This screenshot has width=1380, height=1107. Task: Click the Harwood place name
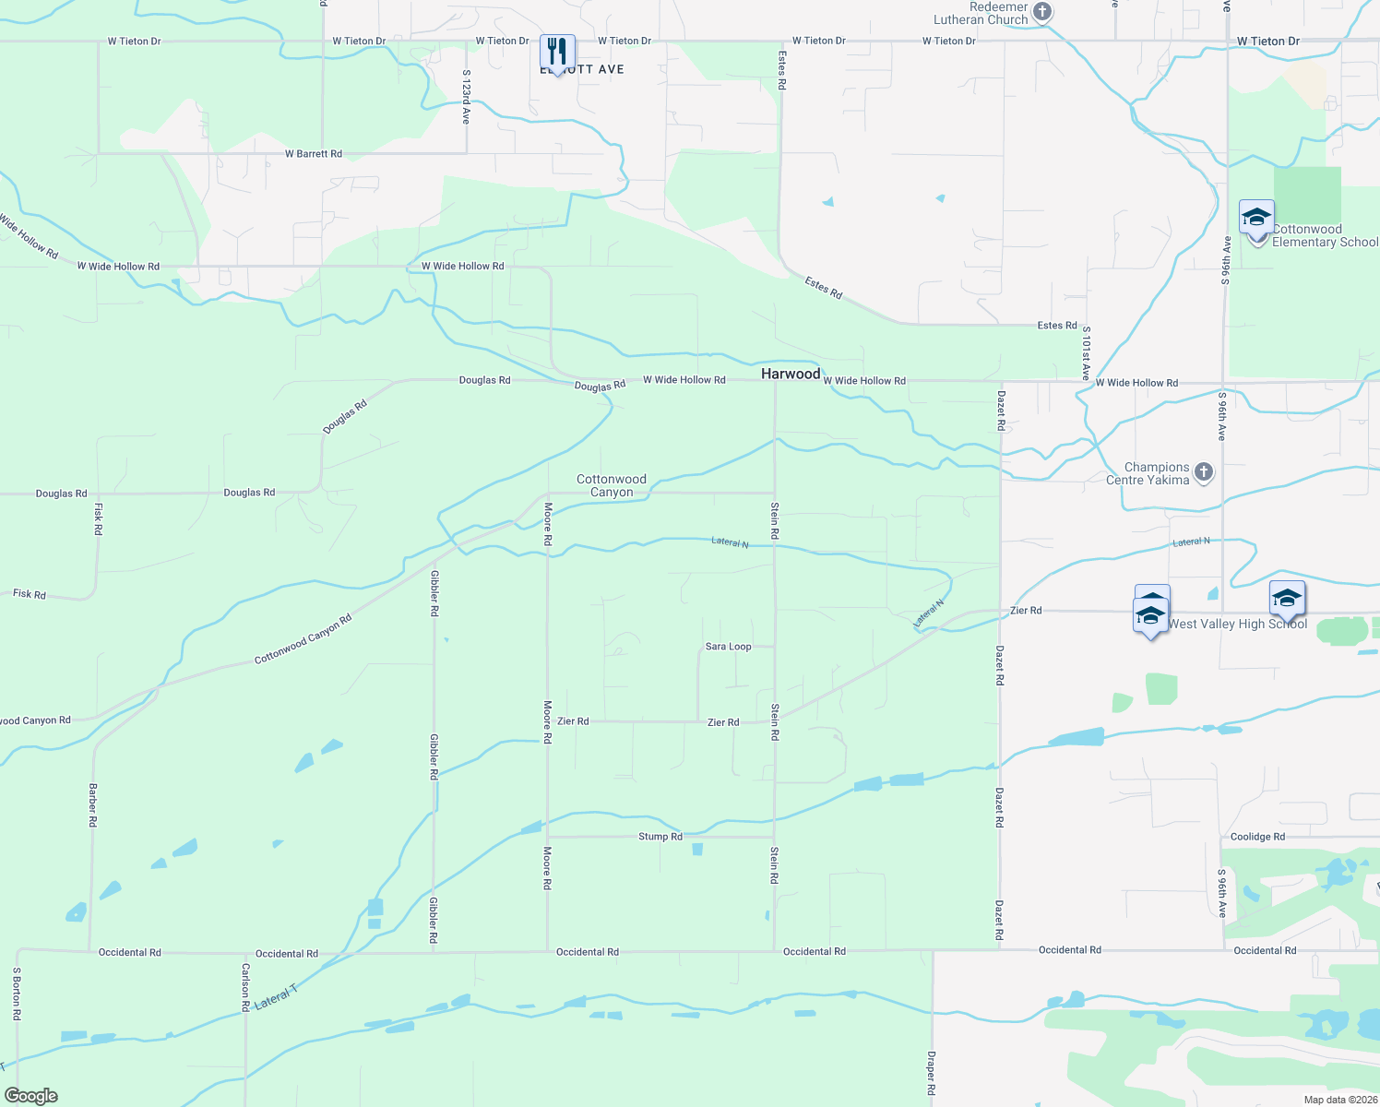(791, 374)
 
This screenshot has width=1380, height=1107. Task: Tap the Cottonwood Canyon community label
(612, 485)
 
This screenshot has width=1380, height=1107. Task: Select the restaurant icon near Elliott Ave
(557, 52)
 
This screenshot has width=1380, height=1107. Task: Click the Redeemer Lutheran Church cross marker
(1042, 12)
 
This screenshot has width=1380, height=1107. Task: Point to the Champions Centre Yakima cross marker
(1203, 472)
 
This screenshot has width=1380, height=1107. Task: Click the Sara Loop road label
(728, 647)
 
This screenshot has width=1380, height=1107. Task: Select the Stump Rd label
(660, 837)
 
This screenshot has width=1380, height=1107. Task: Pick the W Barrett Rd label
(314, 154)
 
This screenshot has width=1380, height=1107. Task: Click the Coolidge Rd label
(1257, 837)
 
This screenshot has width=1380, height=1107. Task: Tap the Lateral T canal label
(276, 997)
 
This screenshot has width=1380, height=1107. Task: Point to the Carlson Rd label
(245, 988)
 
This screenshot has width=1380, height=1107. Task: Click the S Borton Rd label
(17, 994)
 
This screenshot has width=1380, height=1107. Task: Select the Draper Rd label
(931, 1073)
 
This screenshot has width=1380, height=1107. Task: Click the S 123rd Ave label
(466, 97)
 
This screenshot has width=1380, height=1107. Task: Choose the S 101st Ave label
(1086, 353)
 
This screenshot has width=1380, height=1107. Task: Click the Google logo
(31, 1096)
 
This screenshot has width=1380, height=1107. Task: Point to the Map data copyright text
(1340, 1100)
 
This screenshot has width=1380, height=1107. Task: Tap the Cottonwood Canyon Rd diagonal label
(303, 639)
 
